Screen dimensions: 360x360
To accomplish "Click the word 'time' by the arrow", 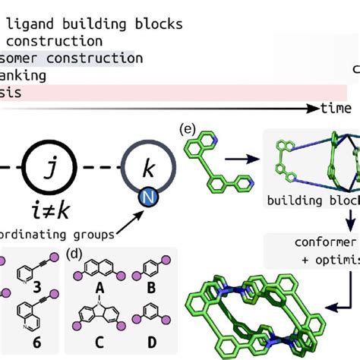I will tap(336, 109).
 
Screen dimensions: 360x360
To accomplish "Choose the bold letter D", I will tap(152, 343).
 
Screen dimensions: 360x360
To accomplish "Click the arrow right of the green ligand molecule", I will tap(244, 160).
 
